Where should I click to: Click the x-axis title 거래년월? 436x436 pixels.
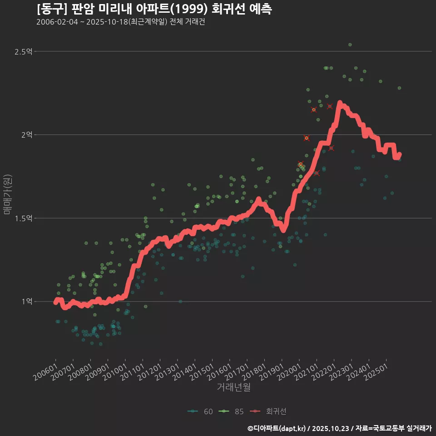[x=234, y=387]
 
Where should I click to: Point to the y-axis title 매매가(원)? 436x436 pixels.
[x=7, y=194]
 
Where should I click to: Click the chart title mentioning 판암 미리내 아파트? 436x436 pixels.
[x=154, y=9]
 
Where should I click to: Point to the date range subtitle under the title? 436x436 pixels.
[x=121, y=22]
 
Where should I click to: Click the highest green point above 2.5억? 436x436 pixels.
[x=350, y=45]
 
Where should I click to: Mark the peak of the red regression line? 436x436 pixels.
[x=340, y=104]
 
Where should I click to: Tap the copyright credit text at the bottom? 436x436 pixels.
[x=339, y=428]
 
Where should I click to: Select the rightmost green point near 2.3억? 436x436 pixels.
[x=399, y=88]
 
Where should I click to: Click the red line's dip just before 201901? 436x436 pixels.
[x=283, y=230]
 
